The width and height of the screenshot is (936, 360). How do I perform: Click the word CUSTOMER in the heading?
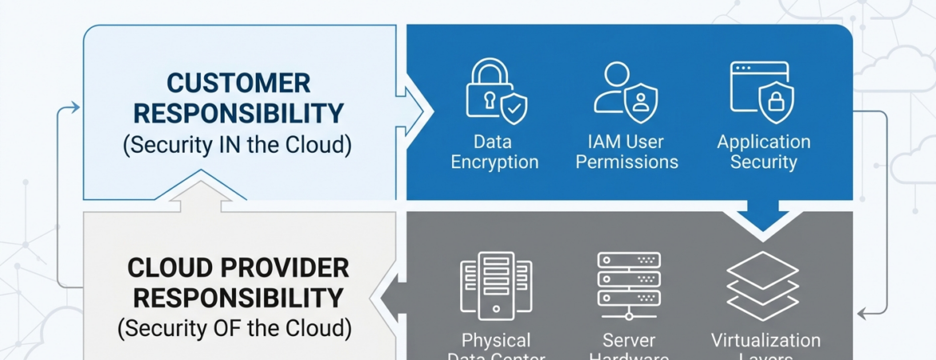click(x=238, y=82)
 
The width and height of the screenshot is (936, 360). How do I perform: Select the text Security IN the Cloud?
click(x=238, y=146)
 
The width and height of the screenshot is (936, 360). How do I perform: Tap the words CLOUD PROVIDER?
click(x=238, y=267)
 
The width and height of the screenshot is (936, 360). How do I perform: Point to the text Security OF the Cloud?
click(x=234, y=328)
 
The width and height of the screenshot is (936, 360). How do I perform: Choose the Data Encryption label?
click(x=494, y=152)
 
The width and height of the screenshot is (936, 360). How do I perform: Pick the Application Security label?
click(x=763, y=152)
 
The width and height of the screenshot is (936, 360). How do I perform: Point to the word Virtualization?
click(x=766, y=341)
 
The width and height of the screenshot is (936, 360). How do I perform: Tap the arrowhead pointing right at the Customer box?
click(x=74, y=107)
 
